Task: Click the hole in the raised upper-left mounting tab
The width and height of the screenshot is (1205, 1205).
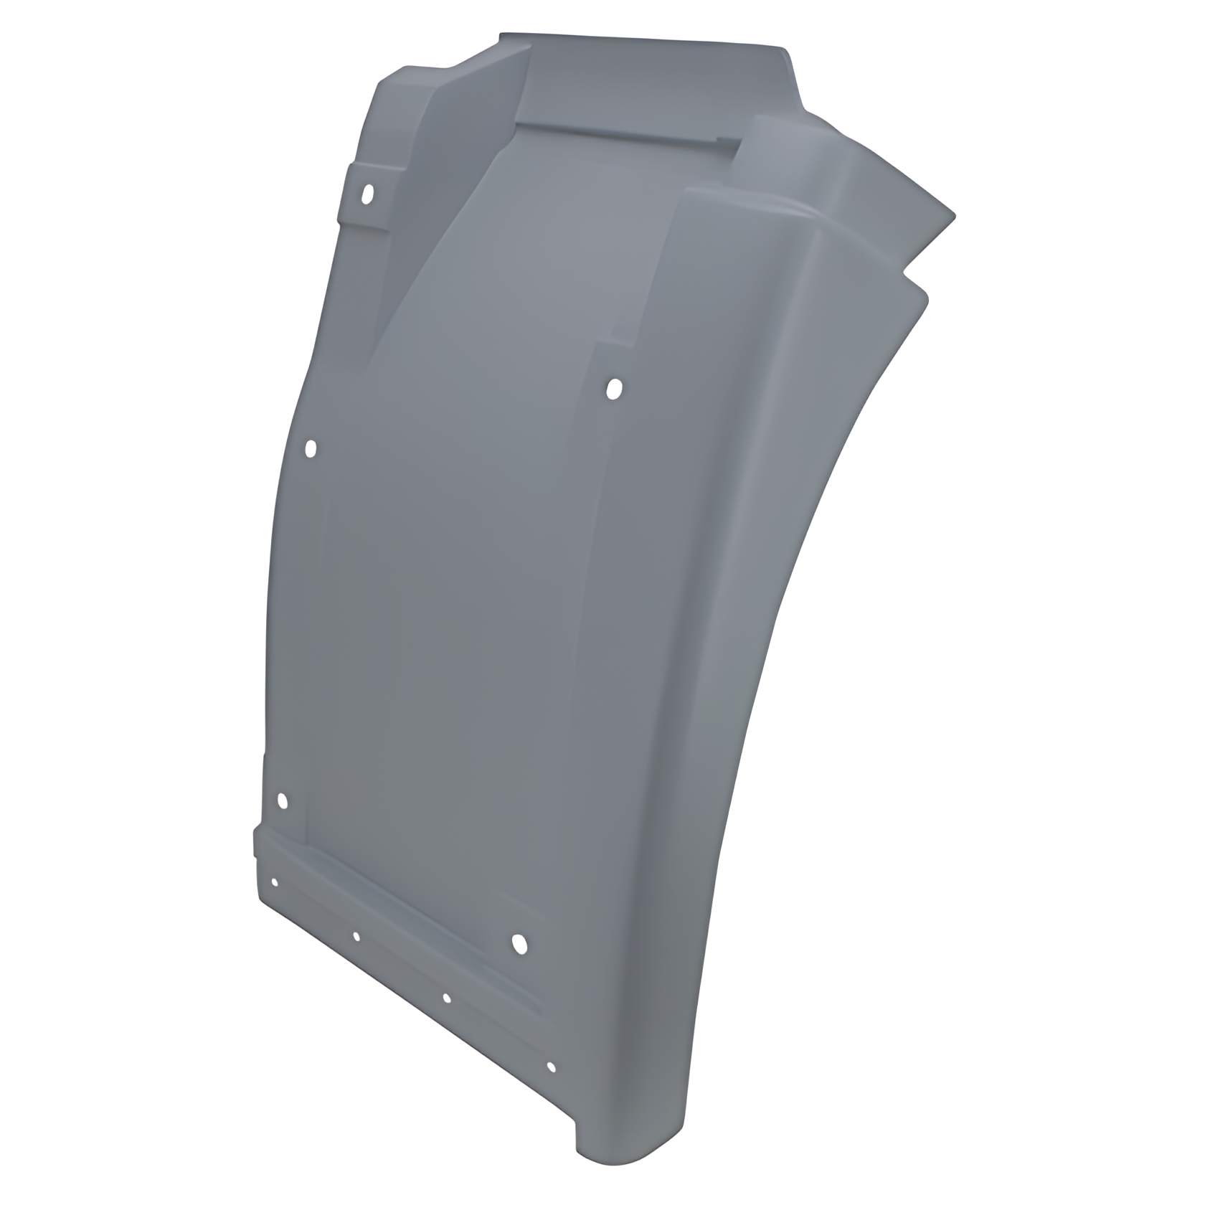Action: tap(368, 194)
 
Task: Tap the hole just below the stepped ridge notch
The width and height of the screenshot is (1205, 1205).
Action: tap(614, 389)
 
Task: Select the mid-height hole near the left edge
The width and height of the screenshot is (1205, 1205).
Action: tap(311, 450)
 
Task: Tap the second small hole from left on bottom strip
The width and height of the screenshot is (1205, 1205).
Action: tap(356, 936)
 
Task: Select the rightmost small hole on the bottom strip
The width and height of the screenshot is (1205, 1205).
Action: tap(551, 1068)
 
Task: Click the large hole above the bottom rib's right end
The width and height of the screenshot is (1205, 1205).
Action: tap(519, 944)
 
